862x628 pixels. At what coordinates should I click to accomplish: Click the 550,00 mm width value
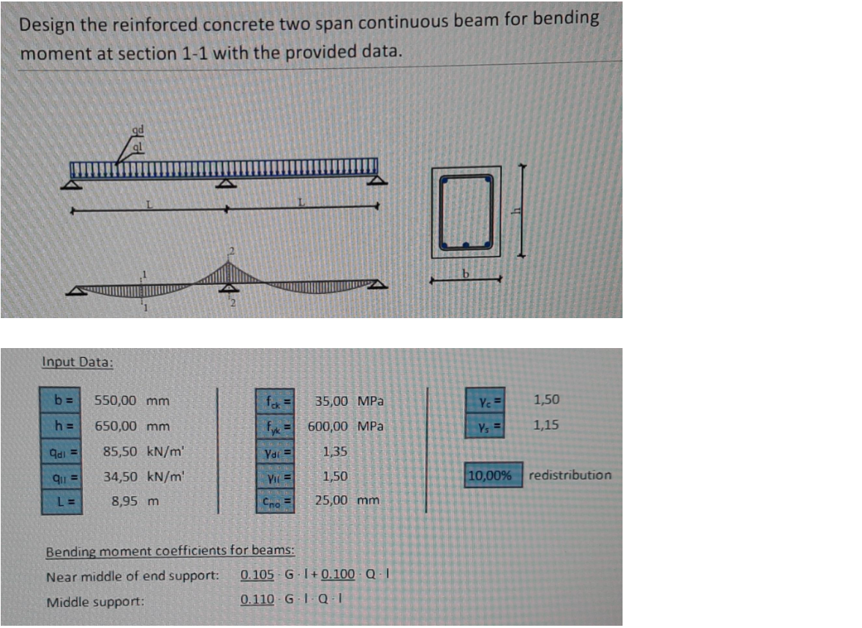pos(131,400)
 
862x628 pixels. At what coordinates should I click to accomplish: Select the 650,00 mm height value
pos(131,426)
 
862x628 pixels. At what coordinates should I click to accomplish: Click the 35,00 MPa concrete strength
pos(349,400)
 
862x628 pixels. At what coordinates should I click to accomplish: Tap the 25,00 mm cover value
pos(347,499)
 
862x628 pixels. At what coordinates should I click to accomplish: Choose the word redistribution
pos(569,475)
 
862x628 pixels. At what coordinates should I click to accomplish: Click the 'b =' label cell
pos(62,400)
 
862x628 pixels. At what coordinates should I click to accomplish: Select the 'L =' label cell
pos(62,502)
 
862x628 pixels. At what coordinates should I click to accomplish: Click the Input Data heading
pos(78,362)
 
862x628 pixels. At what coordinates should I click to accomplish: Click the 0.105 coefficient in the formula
pos(257,576)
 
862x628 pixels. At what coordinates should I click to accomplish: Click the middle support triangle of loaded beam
pos(227,183)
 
